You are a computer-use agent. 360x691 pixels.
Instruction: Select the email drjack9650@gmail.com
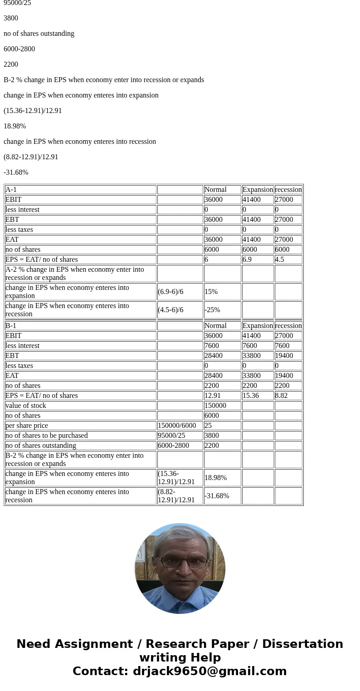point(209,671)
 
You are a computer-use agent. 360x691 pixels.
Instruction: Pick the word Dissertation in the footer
point(302,644)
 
